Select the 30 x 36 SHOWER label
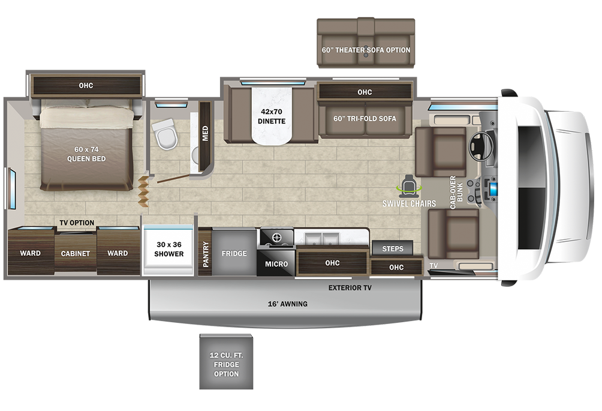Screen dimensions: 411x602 (169, 249)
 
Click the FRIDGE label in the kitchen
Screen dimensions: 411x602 (234, 253)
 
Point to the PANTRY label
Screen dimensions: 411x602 (206, 254)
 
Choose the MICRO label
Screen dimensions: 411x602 (276, 264)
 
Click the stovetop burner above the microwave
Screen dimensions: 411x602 (276, 238)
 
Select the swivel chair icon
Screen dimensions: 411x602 (410, 184)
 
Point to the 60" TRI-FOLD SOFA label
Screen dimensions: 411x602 (365, 118)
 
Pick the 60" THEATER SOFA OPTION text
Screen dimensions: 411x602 (366, 50)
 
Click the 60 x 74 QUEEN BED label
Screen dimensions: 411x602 (86, 154)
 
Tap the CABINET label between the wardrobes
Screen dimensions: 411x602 (76, 253)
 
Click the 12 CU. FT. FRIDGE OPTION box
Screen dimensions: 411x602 (225, 365)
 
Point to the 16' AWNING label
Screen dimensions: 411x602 (287, 304)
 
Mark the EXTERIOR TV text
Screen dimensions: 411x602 (350, 288)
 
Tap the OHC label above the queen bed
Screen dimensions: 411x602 (86, 85)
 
